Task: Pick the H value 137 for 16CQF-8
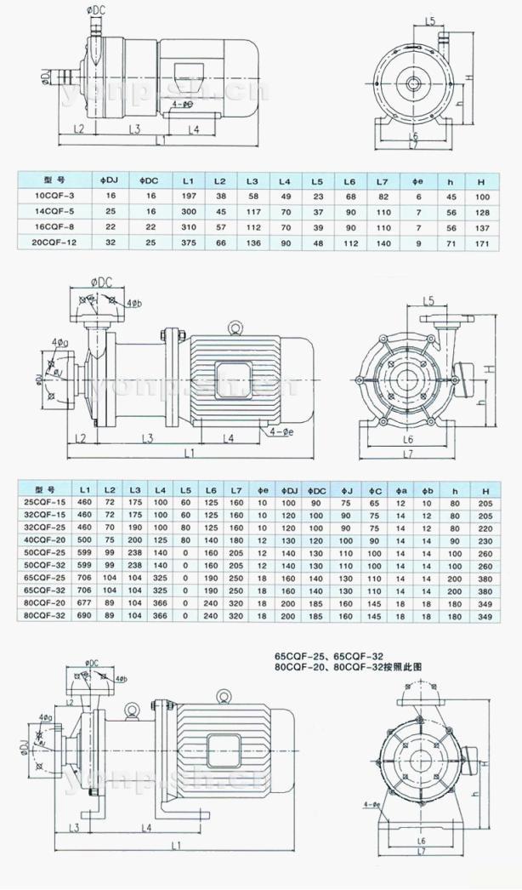pyautogui.click(x=481, y=228)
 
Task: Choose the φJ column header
pyautogui.click(x=346, y=491)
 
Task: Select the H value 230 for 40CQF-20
pyautogui.click(x=485, y=539)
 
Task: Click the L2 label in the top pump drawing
pyautogui.click(x=77, y=128)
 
